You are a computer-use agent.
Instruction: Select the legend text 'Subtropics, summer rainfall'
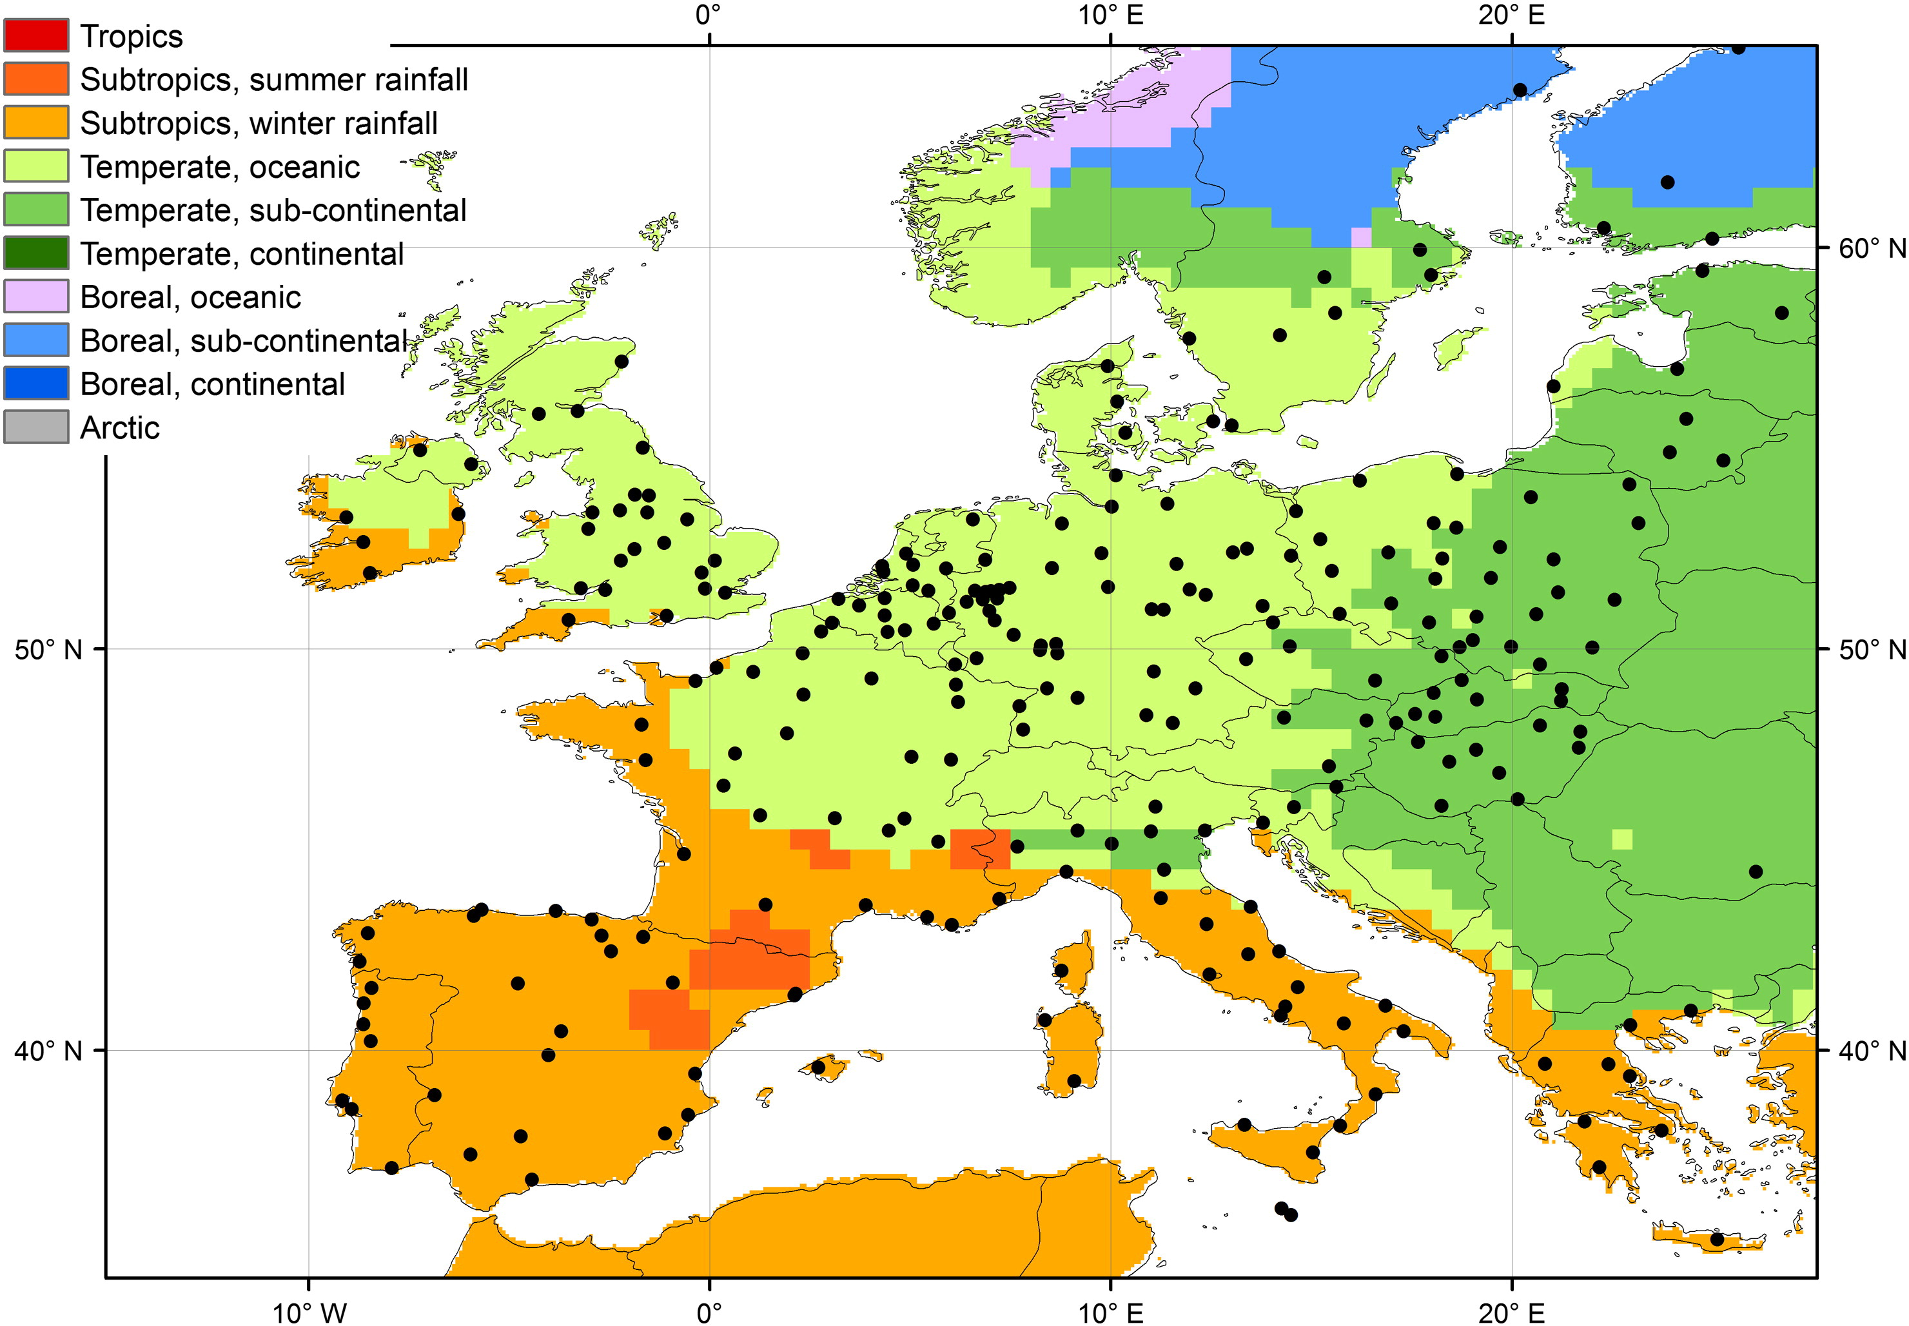click(274, 80)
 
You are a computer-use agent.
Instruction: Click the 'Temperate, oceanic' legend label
click(219, 167)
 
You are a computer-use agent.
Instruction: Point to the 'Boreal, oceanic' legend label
click(190, 297)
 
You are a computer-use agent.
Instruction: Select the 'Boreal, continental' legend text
click(212, 384)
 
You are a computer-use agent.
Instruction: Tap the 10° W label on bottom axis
click(309, 1312)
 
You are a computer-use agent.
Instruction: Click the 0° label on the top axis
click(708, 15)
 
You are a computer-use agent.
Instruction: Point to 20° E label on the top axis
click(1511, 15)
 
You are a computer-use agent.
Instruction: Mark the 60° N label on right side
click(1872, 248)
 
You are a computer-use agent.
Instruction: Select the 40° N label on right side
click(1872, 1051)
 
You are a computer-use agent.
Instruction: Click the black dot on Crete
click(1717, 1240)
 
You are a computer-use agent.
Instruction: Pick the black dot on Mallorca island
click(817, 1068)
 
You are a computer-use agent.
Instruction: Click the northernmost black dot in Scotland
click(622, 362)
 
